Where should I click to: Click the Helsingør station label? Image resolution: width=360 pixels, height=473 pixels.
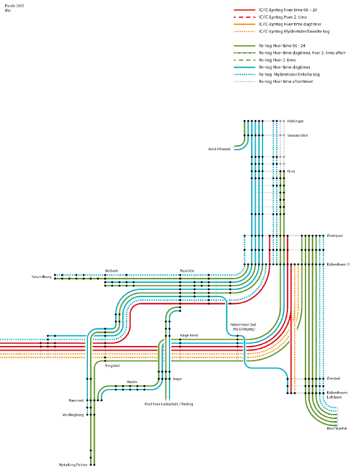[x=296, y=121]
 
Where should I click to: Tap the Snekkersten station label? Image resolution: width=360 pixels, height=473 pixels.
[x=298, y=136]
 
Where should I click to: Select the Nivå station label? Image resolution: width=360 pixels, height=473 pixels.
[x=291, y=171]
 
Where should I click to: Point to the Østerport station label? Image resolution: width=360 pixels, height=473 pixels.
[x=335, y=235]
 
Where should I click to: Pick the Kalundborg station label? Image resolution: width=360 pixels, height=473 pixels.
[x=41, y=277]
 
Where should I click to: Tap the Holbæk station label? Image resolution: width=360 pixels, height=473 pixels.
[x=112, y=271]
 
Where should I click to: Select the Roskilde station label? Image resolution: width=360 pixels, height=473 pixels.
[x=187, y=271]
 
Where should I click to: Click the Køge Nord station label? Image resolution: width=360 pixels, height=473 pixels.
[x=189, y=335]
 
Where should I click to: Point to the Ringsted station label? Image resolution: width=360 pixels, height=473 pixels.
[x=112, y=366]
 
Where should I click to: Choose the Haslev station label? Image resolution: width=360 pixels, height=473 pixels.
[x=132, y=382]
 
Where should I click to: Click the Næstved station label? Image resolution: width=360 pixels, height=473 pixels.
[x=76, y=400]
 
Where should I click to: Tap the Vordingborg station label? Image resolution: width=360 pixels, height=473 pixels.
[x=73, y=415]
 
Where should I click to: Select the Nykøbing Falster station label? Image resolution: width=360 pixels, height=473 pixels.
[x=73, y=464]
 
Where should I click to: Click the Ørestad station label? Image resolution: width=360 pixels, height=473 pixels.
[x=334, y=378]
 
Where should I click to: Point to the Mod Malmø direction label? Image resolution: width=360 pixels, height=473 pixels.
[x=336, y=429]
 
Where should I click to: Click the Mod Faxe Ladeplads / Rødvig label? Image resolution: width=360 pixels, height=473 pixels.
[x=169, y=404]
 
